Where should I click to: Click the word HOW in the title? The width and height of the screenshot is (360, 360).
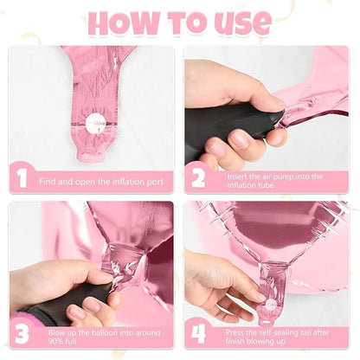click(x=124, y=23)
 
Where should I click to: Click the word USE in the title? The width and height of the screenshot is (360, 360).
click(x=242, y=23)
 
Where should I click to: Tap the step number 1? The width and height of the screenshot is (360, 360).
click(x=22, y=178)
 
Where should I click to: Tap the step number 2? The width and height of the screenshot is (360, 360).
click(x=198, y=178)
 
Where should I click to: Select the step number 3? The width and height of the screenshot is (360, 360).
click(x=22, y=334)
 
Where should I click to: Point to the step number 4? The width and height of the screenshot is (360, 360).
click(x=199, y=334)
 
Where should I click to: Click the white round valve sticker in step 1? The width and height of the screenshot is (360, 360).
click(x=96, y=124)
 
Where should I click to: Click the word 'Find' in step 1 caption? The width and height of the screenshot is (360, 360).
click(x=48, y=182)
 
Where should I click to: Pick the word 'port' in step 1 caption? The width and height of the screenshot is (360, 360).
click(x=155, y=183)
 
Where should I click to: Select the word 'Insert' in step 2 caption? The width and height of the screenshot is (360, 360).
click(x=237, y=177)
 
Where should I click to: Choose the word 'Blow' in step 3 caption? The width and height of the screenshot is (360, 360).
click(x=58, y=332)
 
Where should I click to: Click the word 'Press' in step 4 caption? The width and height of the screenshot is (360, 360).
click(x=235, y=332)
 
